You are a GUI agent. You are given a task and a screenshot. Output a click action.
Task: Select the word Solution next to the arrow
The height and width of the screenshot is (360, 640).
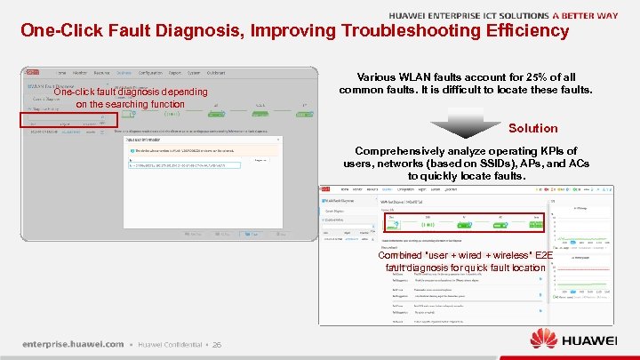click(x=532, y=128)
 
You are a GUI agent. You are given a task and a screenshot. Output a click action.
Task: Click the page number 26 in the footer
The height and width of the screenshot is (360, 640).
click(x=216, y=345)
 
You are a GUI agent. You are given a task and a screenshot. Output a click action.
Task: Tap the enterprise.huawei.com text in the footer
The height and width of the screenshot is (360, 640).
click(x=73, y=344)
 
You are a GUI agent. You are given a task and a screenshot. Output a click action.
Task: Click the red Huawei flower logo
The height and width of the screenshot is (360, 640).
click(x=546, y=340)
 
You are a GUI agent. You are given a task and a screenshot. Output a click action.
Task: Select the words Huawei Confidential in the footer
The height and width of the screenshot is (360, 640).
click(x=170, y=345)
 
